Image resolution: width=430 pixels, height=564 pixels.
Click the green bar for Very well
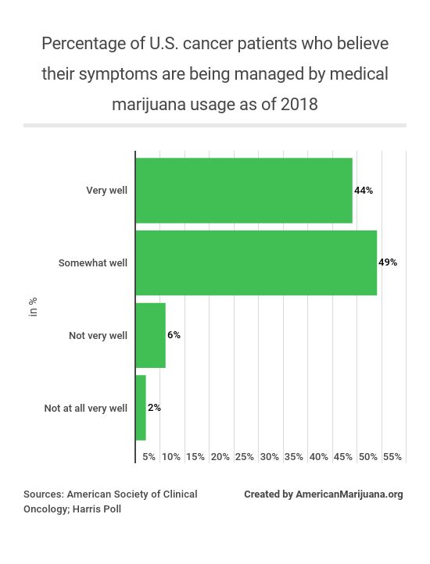244,191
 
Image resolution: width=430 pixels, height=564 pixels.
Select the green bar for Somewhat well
256,262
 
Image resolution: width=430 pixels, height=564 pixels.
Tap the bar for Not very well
151,335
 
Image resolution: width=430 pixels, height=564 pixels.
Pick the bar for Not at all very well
141,408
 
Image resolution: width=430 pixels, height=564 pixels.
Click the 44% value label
364,191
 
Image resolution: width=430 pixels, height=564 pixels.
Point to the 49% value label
388,262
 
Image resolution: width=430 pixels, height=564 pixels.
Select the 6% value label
174,335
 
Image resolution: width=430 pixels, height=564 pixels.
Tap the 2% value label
154,408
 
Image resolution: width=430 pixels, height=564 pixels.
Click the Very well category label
106,191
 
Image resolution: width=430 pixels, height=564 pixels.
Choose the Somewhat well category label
93,263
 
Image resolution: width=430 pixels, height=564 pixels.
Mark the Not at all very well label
85,408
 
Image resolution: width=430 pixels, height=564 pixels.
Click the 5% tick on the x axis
149,456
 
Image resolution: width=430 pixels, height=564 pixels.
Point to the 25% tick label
245,456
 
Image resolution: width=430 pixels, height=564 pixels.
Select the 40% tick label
319,456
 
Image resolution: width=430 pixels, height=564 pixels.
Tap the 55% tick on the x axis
392,456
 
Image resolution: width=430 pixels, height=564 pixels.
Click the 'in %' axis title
34,307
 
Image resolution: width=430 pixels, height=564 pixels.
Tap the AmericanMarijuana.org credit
349,494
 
